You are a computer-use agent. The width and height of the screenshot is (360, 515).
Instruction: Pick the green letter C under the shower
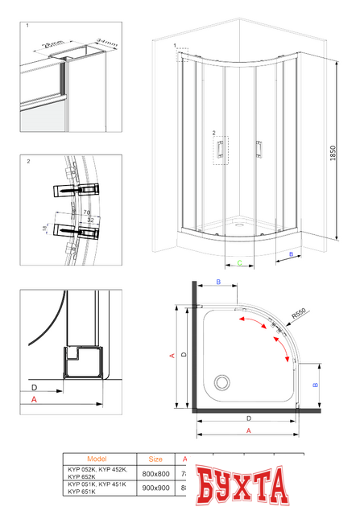pyautogui.click(x=240, y=262)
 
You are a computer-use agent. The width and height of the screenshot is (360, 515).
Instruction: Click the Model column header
pyautogui.click(x=106, y=459)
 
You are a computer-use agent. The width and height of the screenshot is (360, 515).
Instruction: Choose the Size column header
pyautogui.click(x=155, y=459)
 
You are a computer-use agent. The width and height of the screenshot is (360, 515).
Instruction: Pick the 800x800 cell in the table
pyautogui.click(x=155, y=474)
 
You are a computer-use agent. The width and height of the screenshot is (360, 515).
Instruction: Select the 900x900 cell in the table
pyautogui.click(x=155, y=489)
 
